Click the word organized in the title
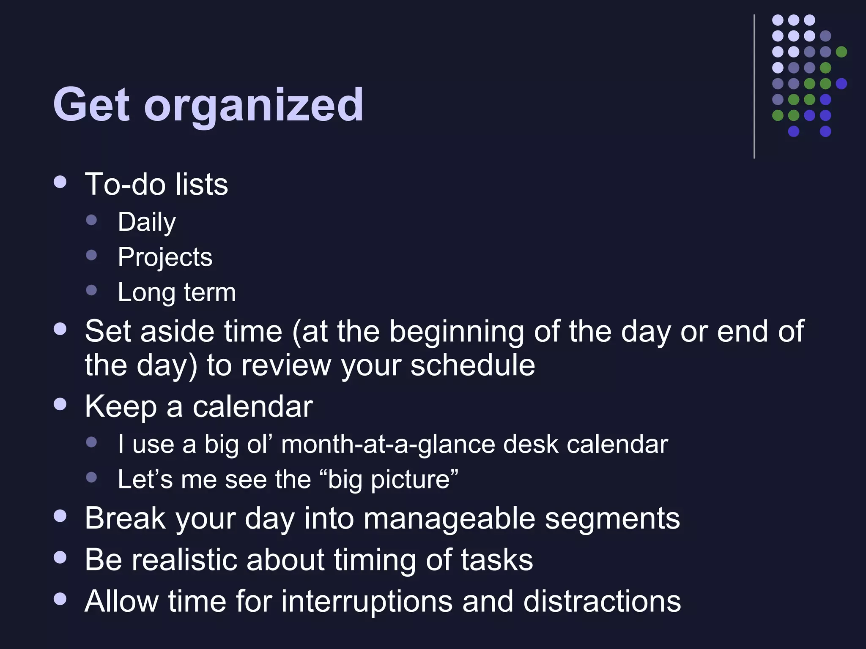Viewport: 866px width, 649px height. click(254, 106)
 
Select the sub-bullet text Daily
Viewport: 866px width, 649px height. click(146, 222)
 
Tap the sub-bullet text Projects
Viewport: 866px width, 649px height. click(165, 257)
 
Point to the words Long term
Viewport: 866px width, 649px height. click(176, 292)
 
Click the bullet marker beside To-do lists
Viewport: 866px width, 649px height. click(60, 182)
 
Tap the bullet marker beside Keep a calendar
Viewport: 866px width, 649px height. click(60, 404)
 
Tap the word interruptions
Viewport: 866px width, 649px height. click(366, 601)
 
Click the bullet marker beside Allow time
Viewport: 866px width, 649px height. click(60, 599)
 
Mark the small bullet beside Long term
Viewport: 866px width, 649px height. click(91, 290)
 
